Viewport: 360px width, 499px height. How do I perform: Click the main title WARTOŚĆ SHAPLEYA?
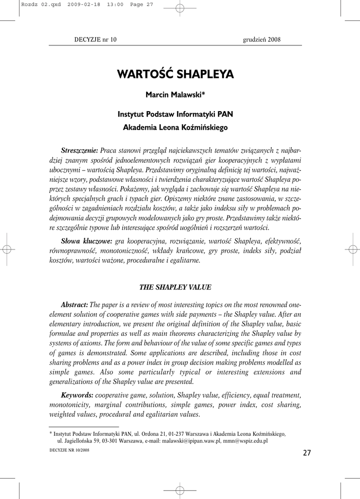175,75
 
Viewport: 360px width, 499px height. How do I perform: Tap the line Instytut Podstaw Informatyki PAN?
175,115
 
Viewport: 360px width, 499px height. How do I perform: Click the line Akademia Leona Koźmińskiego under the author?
175,128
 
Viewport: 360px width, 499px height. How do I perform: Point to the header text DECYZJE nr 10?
95,39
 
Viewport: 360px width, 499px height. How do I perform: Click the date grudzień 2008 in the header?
262,39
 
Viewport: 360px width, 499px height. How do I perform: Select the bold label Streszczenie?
79,149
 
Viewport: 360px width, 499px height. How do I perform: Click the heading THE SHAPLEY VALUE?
175,288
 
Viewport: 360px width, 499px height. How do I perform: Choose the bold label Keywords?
77,395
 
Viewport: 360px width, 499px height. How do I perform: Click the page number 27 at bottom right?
306,453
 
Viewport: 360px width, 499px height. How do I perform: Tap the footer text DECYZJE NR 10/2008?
69,450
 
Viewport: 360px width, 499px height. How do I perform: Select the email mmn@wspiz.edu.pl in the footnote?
246,441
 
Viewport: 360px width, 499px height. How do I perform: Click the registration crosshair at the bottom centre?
179,490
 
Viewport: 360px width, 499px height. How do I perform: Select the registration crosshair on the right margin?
352,249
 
